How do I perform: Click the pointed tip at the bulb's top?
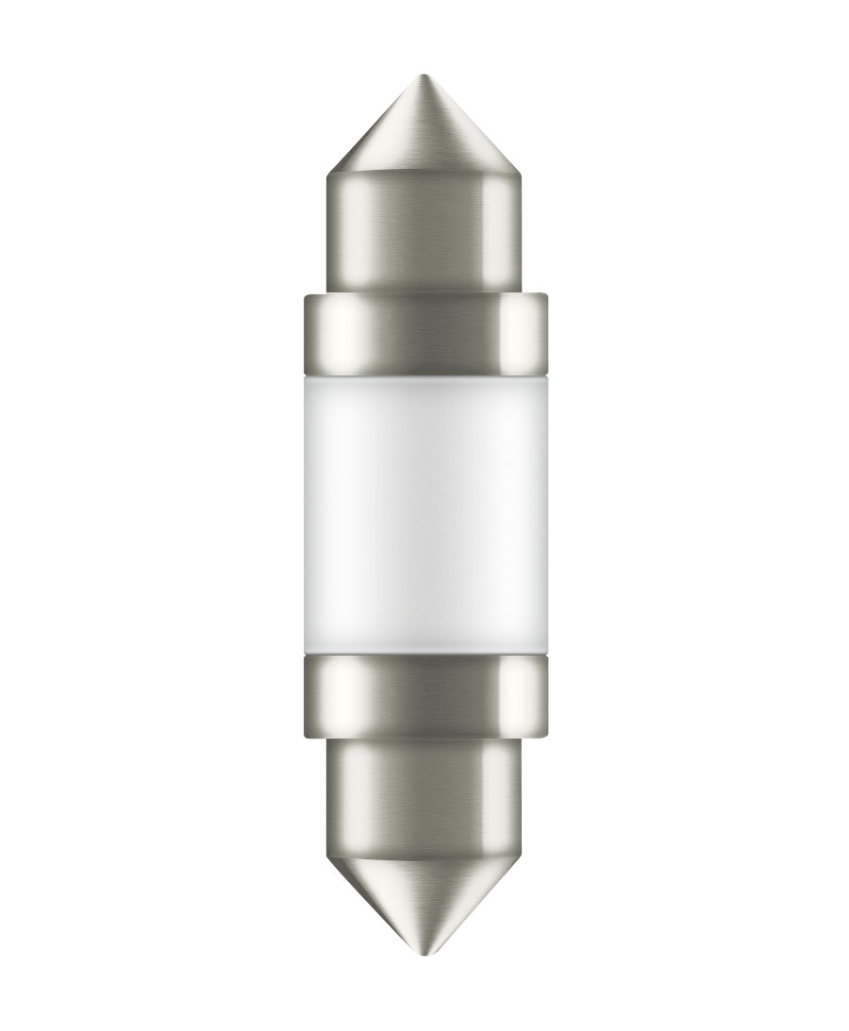[424, 77]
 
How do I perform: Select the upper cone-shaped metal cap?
[424, 132]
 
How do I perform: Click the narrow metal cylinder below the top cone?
[424, 231]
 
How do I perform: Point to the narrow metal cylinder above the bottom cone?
[424, 792]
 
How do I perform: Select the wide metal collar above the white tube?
[424, 330]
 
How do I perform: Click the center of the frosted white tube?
[424, 514]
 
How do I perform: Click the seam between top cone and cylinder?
[424, 175]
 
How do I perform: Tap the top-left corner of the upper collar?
[306, 296]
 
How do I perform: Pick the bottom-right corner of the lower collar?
[546, 734]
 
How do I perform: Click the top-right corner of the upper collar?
[546, 296]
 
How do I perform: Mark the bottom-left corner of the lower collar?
[306, 734]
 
